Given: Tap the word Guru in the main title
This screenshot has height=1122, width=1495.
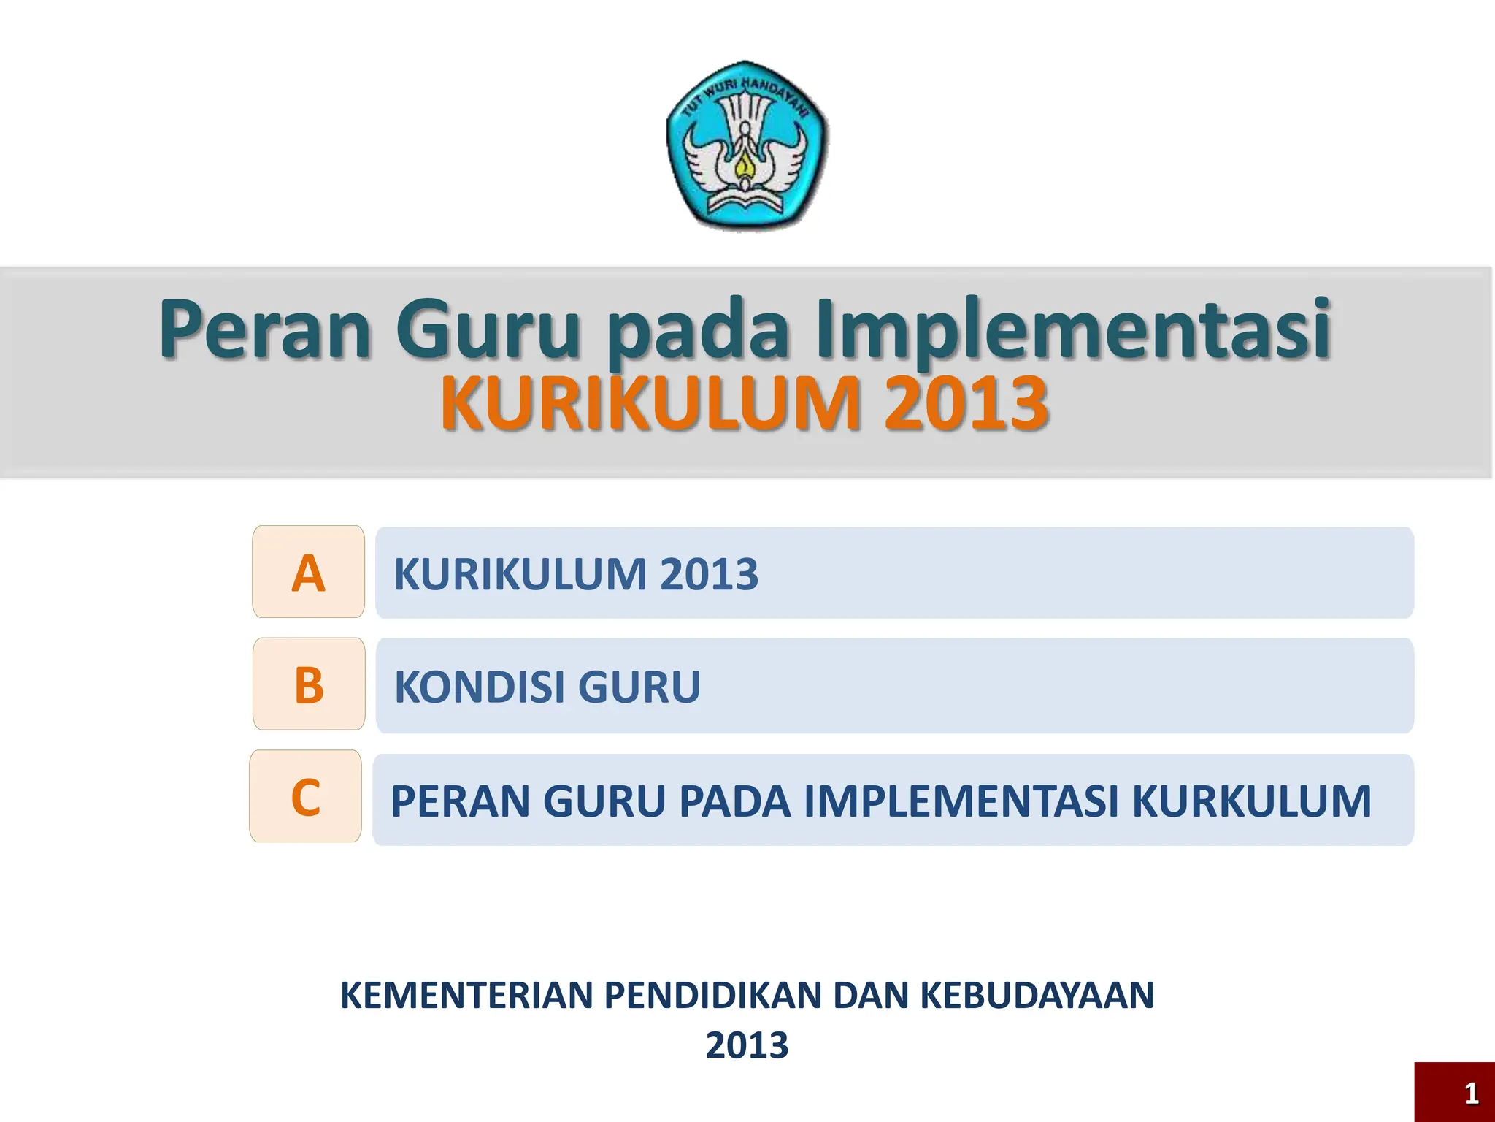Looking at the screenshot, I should coord(488,329).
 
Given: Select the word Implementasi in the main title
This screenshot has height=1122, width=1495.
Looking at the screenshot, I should coord(1073,329).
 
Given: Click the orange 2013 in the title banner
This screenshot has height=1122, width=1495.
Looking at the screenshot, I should coord(966,403).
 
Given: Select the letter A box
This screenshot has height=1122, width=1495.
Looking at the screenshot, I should coord(308,572).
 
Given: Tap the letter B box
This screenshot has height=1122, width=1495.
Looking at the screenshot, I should coord(309,684).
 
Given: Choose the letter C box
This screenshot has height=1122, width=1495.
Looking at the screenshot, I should coord(306,796).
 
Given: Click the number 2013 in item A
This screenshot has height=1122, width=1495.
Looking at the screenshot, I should coord(709,574).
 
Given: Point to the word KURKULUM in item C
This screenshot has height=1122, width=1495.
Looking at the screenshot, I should coord(1251,801).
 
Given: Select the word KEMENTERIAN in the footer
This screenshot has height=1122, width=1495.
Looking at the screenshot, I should coord(466,996).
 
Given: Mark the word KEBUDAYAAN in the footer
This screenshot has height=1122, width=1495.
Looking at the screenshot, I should coord(1037,996).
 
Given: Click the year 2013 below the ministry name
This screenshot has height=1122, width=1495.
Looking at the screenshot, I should coord(747,1045).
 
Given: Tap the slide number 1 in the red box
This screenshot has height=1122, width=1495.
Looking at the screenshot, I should coord(1471,1094).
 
